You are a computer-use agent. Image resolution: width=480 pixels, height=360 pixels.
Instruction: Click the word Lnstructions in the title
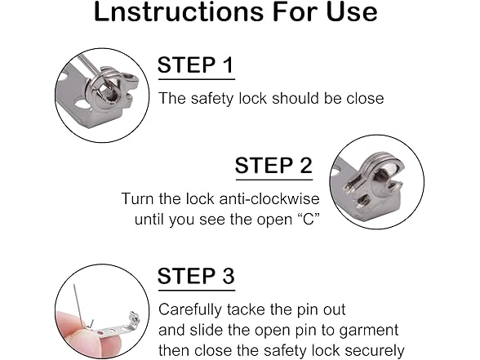179,11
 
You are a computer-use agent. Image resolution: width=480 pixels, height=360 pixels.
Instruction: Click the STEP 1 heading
196,64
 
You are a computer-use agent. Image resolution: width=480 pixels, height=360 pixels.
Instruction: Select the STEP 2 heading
273,165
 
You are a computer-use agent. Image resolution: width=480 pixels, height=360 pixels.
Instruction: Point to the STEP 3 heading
196,276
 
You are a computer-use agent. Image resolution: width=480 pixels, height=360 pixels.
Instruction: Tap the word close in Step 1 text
365,98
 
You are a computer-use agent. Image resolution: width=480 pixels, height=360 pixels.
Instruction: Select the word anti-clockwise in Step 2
269,198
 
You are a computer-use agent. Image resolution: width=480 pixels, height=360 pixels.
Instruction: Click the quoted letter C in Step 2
309,219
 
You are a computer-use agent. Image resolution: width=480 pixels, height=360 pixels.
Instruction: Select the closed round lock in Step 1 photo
105,91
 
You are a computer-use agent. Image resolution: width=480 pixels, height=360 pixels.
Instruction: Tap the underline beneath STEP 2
274,180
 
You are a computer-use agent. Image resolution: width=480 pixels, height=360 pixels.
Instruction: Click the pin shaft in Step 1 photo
91,67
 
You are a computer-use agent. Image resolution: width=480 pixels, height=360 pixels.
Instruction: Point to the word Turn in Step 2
138,198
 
